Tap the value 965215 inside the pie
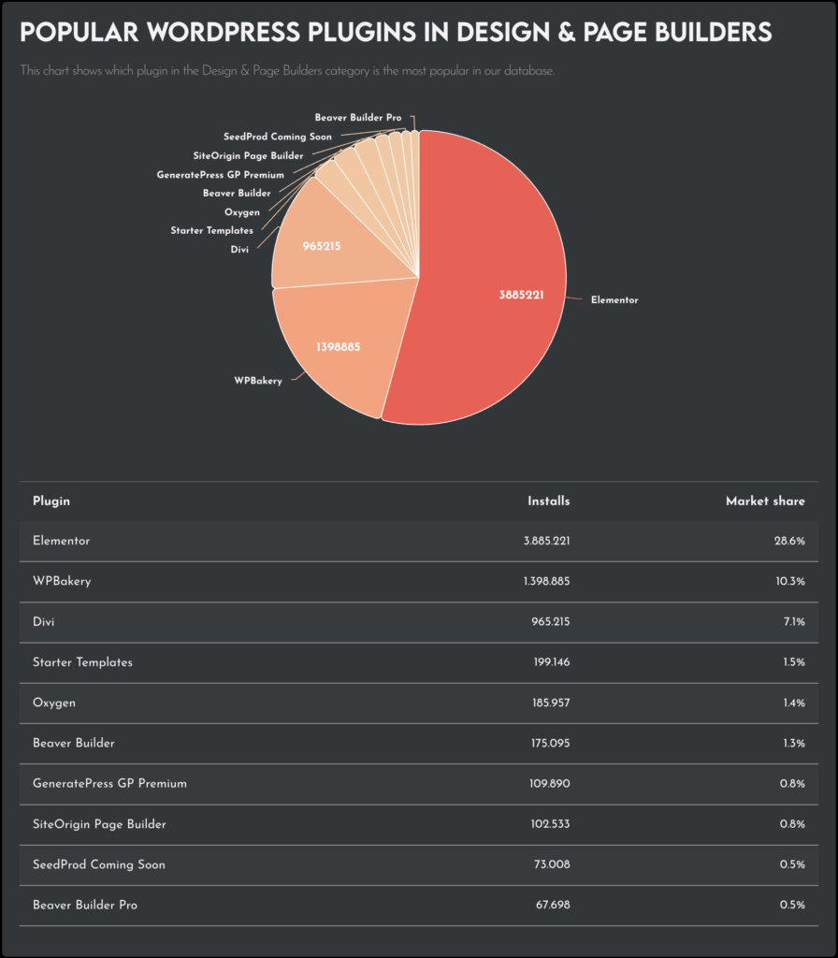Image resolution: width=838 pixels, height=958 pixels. point(322,246)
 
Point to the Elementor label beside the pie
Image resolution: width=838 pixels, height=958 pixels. point(614,300)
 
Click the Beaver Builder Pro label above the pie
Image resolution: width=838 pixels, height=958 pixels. point(358,118)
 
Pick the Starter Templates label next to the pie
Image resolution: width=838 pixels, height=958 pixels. point(211,230)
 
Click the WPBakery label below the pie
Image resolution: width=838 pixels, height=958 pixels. point(257,381)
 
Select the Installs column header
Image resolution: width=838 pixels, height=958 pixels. point(548,501)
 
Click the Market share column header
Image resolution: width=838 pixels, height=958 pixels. point(765,501)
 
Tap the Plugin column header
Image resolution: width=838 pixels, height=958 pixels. point(51,501)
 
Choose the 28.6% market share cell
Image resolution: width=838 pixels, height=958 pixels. point(789,542)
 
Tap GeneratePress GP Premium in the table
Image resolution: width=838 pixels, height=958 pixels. point(109,783)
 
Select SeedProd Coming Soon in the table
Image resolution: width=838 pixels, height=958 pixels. point(98,864)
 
